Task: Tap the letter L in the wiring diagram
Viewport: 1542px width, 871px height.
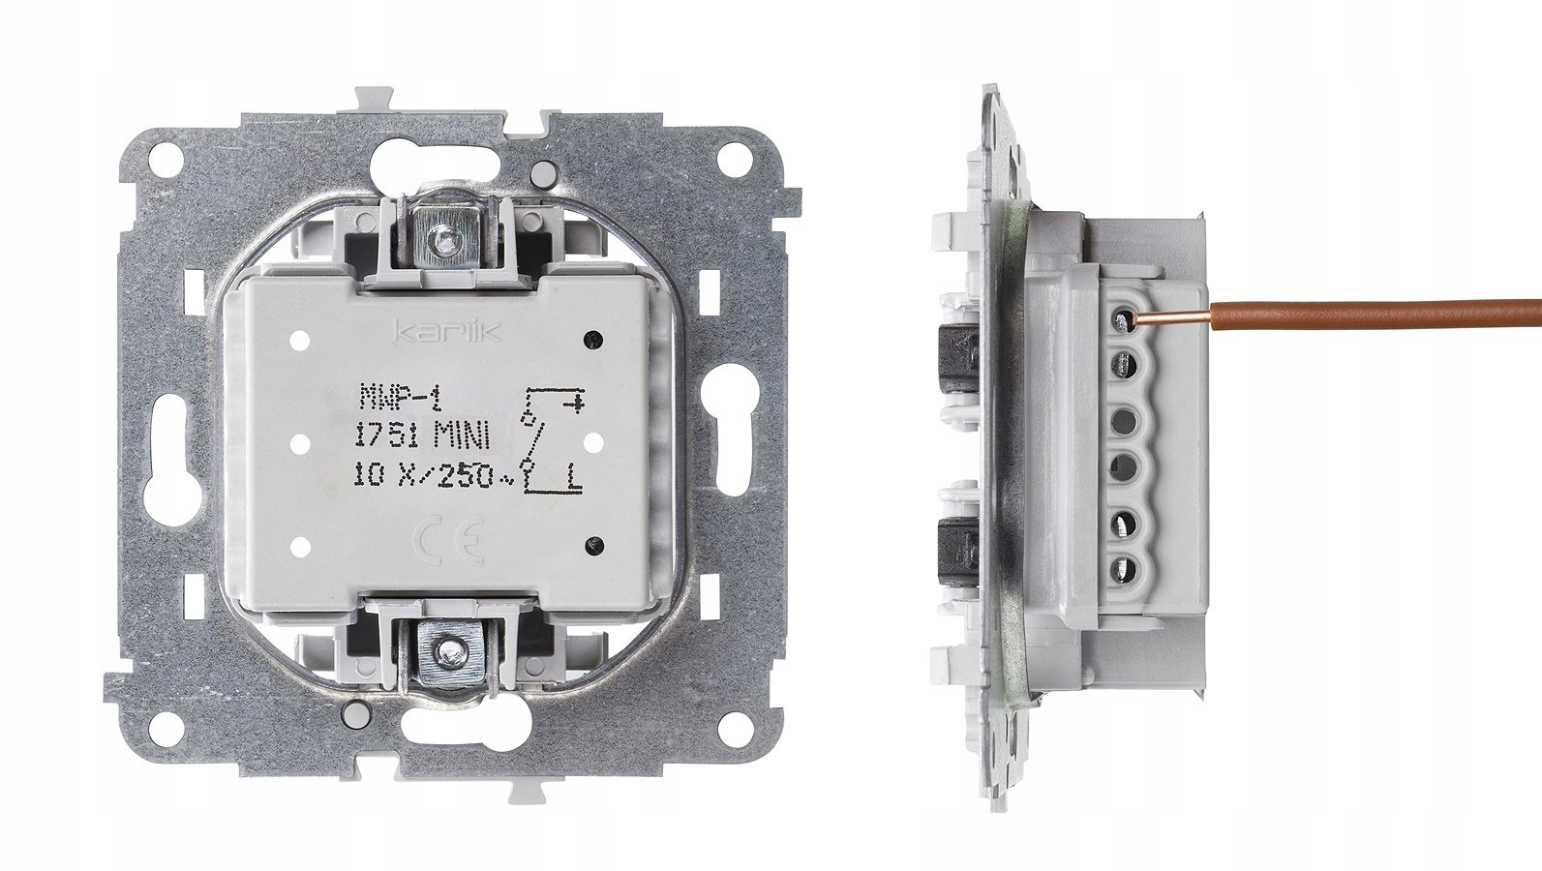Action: coord(575,476)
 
